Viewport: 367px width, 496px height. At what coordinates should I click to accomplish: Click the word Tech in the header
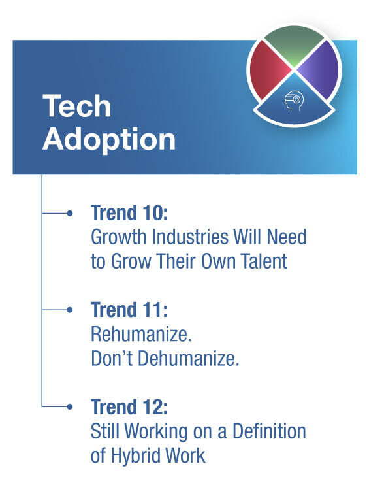point(77,106)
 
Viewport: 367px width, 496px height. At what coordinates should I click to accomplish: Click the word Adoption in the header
point(109,139)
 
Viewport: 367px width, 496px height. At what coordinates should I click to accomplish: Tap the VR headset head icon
point(294,101)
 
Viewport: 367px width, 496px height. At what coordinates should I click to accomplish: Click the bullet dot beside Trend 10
point(69,214)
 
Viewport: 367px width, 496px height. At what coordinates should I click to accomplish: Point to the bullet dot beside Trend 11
point(69,310)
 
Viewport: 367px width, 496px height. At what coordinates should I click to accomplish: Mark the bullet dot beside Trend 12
point(69,406)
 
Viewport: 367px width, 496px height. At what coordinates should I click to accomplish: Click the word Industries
point(191,237)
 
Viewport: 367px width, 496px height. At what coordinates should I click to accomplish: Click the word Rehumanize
point(141,334)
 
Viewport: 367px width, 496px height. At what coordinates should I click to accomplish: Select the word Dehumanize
point(189,359)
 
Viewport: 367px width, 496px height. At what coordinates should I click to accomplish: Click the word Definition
point(269,431)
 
